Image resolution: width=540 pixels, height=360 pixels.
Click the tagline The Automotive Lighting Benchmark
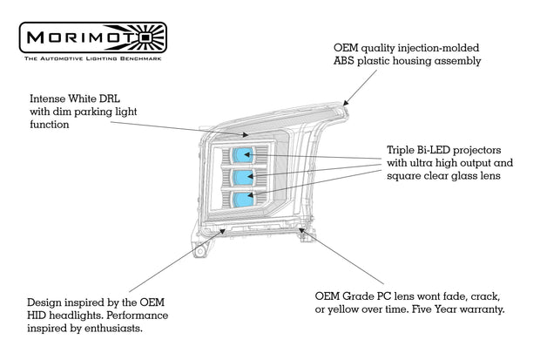click(x=91, y=58)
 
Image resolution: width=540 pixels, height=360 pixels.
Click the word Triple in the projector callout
click(x=403, y=149)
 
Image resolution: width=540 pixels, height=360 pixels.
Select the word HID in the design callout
click(x=38, y=315)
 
